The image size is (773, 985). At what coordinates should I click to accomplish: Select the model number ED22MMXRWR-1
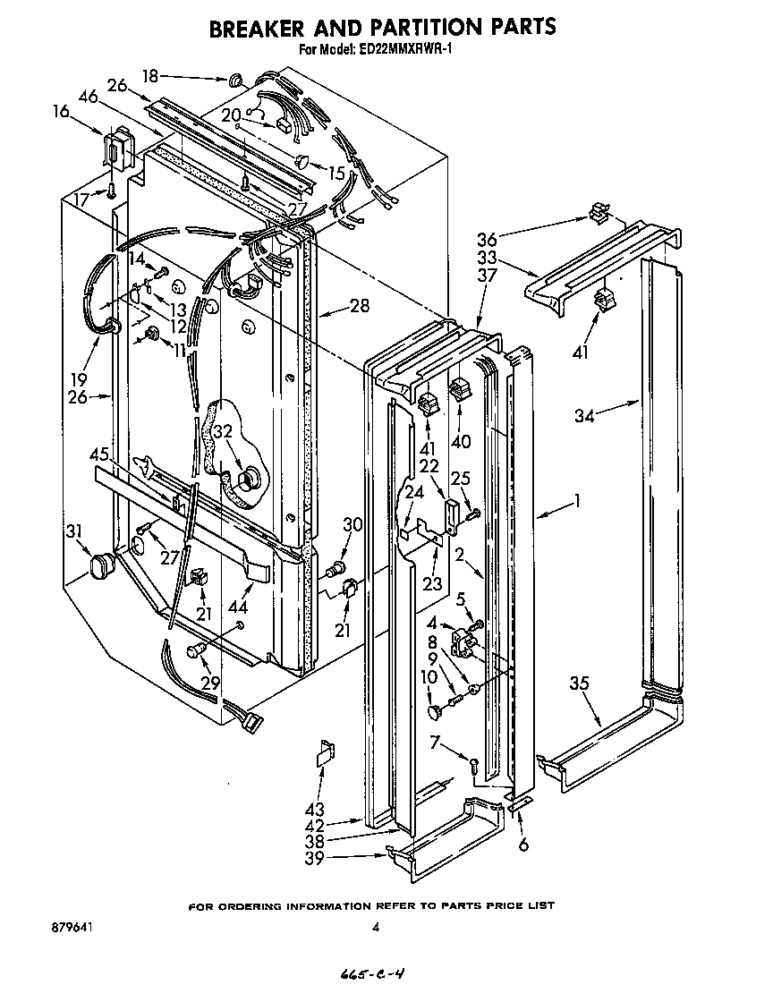tap(409, 51)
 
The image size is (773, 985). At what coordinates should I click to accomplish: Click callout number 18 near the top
tap(150, 76)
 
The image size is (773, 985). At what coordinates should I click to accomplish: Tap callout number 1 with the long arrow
tap(578, 502)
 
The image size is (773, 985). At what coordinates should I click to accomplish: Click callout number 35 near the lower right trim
tap(579, 684)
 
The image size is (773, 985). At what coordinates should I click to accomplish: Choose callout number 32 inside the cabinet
tap(222, 430)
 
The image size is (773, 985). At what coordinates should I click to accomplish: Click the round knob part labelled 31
tap(105, 565)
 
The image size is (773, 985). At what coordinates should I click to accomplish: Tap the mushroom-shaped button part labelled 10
tap(435, 712)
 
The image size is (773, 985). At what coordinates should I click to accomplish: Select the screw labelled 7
tap(474, 762)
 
